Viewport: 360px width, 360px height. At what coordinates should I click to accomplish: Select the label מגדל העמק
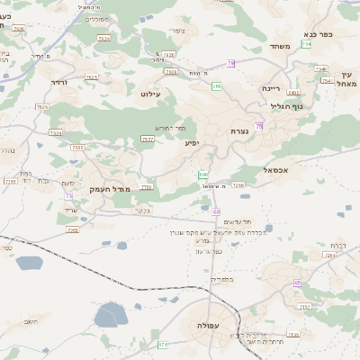[110, 188]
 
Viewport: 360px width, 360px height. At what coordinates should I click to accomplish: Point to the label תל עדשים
[235, 221]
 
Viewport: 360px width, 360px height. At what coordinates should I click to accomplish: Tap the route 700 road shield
[217, 85]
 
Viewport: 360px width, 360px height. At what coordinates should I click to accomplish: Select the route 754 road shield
[308, 44]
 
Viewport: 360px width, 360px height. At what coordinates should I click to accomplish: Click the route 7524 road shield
[104, 38]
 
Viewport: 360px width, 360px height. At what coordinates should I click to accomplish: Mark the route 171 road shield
[163, 344]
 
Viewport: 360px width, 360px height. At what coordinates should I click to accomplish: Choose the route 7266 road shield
[238, 184]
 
